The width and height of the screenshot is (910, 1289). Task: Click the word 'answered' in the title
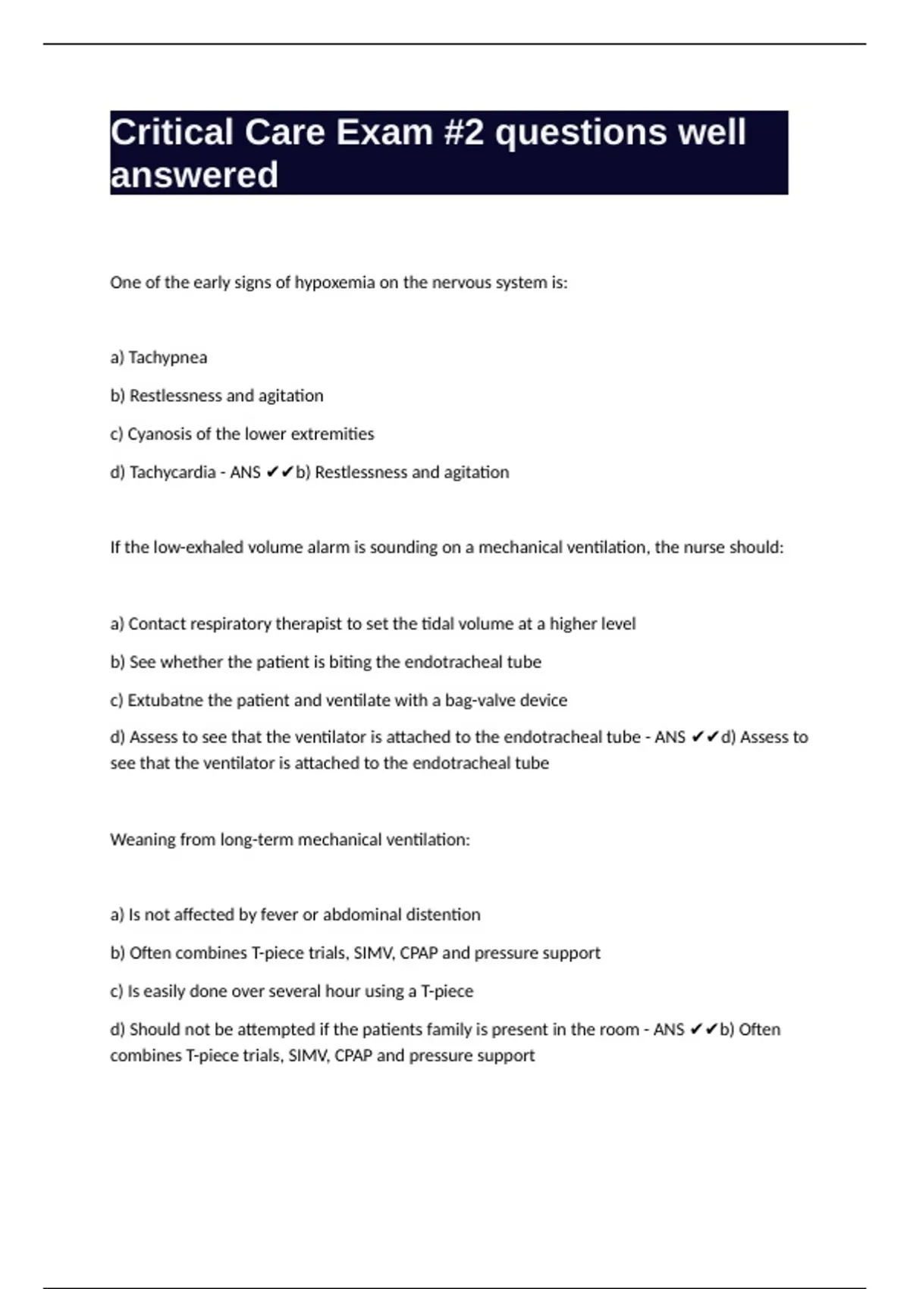(194, 175)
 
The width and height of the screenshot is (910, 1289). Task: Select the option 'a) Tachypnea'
(158, 358)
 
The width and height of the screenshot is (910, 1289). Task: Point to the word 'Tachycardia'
(172, 472)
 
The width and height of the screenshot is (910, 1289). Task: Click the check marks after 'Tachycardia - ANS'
(280, 472)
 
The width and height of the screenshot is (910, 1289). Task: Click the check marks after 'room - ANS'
(704, 1030)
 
